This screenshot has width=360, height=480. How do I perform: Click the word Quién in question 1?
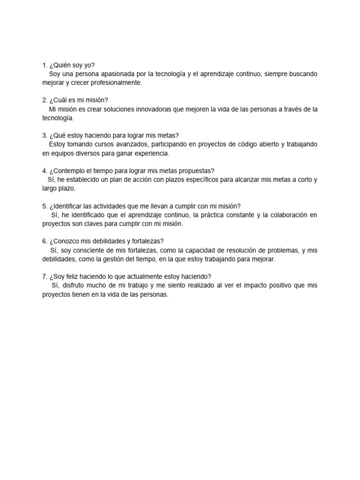(x=61, y=65)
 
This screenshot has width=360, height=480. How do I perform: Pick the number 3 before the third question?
(x=44, y=135)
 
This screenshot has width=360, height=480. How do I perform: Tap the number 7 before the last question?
(x=44, y=276)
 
